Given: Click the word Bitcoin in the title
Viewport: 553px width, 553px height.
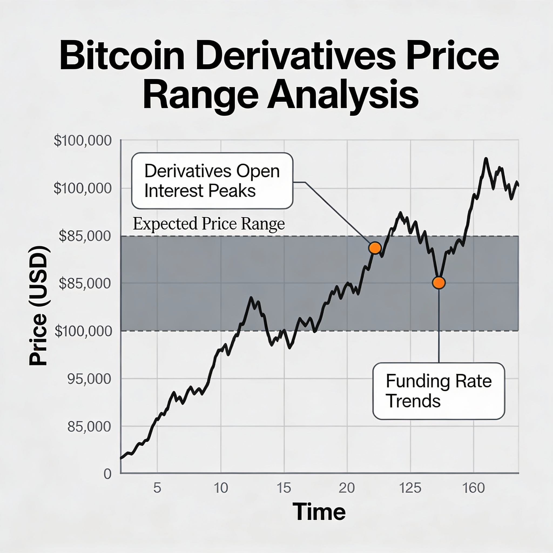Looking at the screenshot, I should coord(122,56).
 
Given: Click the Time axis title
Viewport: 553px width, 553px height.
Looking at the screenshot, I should coord(319,512).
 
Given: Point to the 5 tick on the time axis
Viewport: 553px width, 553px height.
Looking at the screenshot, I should coord(157,488).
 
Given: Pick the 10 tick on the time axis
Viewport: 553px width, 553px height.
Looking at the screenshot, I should coord(221,488).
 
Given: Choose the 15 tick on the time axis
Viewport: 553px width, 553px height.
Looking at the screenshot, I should coord(284,488).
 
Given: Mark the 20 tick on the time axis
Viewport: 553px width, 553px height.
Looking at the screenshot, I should coord(347,488).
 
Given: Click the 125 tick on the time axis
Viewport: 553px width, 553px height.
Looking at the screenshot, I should coord(410,488).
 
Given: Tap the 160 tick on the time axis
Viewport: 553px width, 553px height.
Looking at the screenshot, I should coord(473,488).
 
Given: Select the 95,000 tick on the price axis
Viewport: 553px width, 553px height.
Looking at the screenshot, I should coord(89,379).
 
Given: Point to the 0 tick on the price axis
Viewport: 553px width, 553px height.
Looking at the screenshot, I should coord(107,474).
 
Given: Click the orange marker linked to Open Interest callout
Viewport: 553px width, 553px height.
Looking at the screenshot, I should coord(375,248).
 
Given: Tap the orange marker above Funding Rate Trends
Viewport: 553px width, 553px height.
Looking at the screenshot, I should coord(439,283).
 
